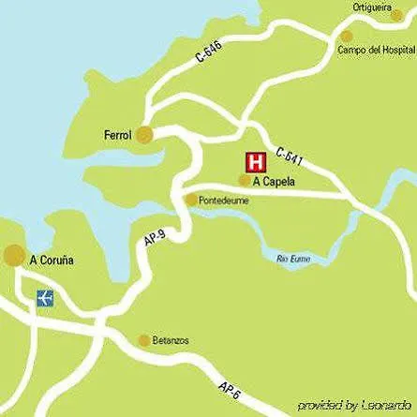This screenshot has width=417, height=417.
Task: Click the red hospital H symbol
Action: pyautogui.click(x=254, y=159)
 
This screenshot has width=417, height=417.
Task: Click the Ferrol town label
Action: pyautogui.click(x=117, y=135)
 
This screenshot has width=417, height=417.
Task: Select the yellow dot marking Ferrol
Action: pyautogui.click(x=144, y=135)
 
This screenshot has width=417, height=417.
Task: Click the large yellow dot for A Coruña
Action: pyautogui.click(x=15, y=255)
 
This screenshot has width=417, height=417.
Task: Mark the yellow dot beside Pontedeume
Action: pyautogui.click(x=191, y=200)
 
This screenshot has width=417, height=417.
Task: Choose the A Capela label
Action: pyautogui.click(x=274, y=182)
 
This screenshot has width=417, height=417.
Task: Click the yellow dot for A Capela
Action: pyautogui.click(x=245, y=181)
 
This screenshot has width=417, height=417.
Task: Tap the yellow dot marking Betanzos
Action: pyautogui.click(x=144, y=341)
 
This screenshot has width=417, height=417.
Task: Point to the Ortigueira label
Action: pyautogui.click(x=371, y=7)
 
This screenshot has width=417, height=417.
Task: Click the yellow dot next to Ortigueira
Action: pyautogui.click(x=397, y=15)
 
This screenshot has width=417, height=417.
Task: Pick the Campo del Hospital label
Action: pyautogui.click(x=376, y=50)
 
